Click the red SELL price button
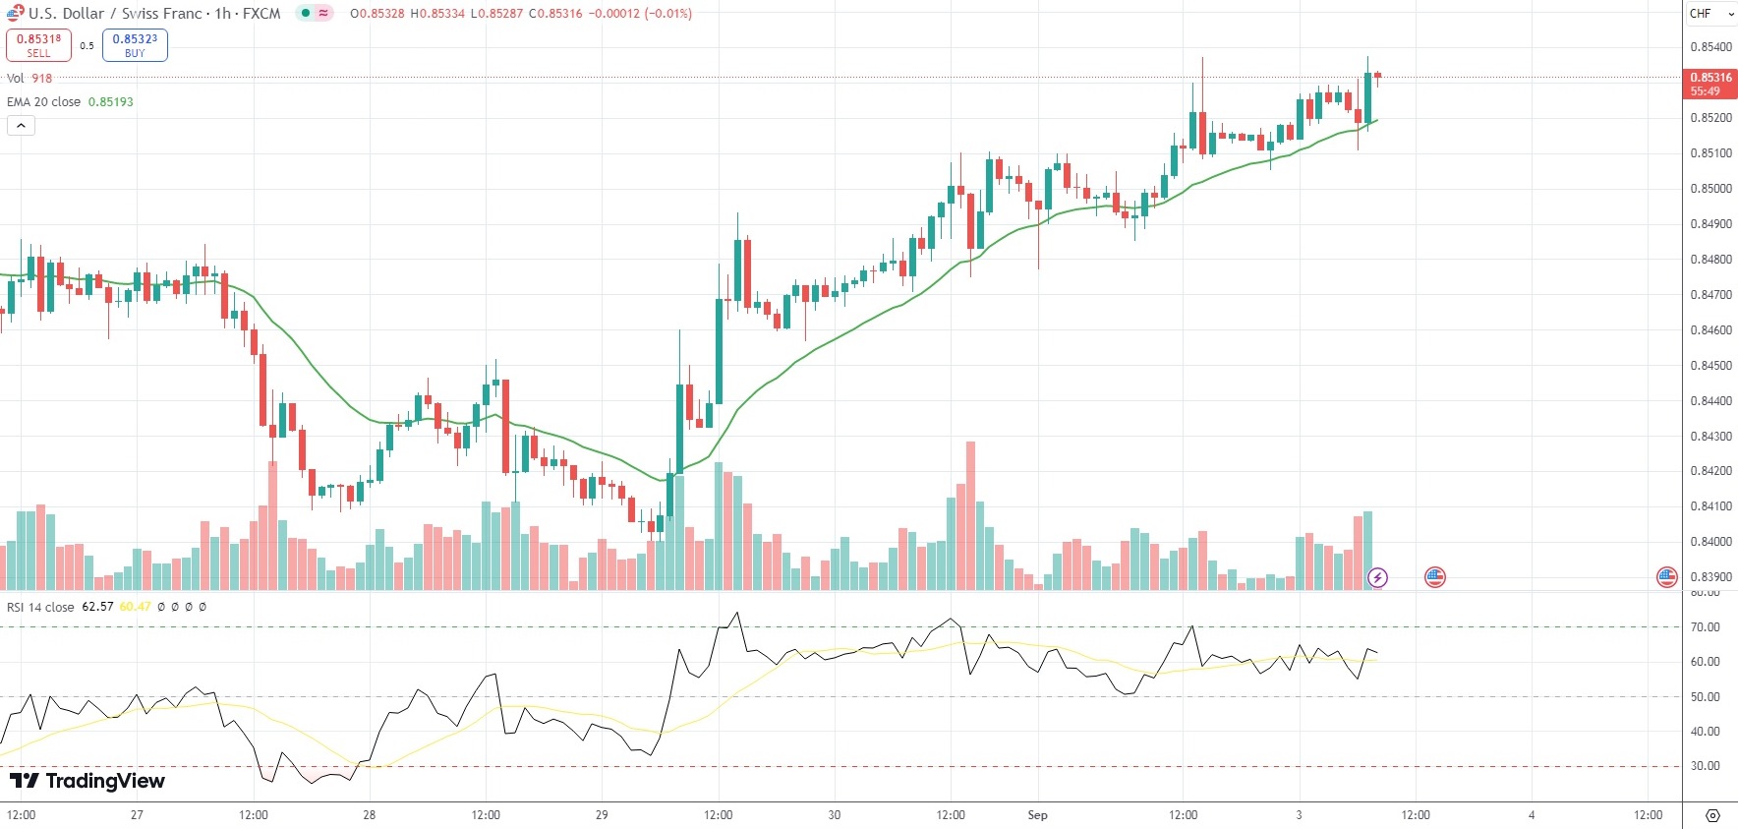click(x=38, y=45)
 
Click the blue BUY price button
click(x=135, y=45)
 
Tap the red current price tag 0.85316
click(x=1709, y=84)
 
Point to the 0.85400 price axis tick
click(x=1709, y=47)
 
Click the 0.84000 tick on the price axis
click(x=1709, y=542)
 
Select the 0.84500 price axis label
click(x=1709, y=366)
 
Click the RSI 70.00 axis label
click(x=1705, y=627)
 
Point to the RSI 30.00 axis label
click(x=1705, y=766)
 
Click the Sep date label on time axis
click(x=1037, y=815)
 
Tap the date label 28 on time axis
click(x=370, y=815)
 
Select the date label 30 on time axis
click(x=835, y=815)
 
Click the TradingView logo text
click(x=87, y=781)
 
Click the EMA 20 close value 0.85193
click(x=110, y=102)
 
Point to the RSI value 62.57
click(x=97, y=607)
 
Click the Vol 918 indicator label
click(x=29, y=79)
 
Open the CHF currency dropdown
click(x=1711, y=14)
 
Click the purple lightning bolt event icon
click(x=1378, y=577)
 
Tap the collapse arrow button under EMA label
click(x=21, y=126)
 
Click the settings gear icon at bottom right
click(x=1712, y=816)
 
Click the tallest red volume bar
click(x=971, y=515)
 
